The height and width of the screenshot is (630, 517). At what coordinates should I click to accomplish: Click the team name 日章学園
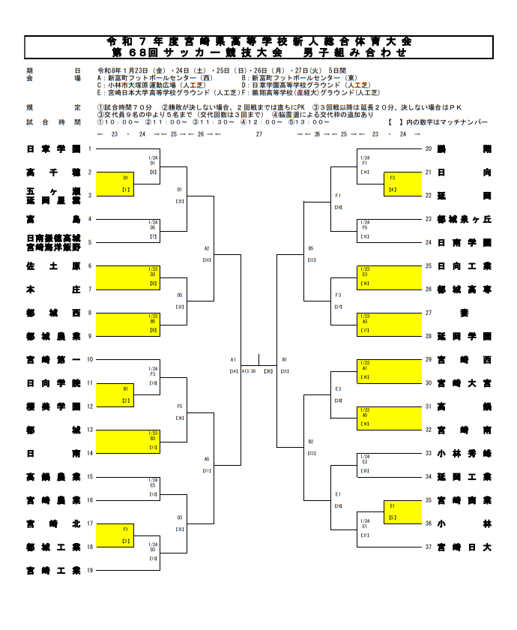[53, 148]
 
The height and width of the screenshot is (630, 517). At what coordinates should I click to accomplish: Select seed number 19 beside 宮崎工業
[90, 571]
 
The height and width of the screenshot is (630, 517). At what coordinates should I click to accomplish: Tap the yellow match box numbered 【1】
[126, 184]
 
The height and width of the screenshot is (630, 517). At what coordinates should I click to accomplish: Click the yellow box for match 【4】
[393, 184]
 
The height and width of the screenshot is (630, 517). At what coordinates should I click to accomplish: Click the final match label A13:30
[249, 370]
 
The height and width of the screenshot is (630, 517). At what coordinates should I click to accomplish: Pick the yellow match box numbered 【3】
[126, 535]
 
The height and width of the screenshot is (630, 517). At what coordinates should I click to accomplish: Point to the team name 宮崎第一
[53, 359]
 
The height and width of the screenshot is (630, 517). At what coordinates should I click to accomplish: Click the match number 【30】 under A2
[206, 259]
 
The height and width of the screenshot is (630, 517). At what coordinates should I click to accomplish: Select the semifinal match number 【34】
[234, 370]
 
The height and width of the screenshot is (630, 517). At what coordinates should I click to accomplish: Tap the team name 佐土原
[53, 265]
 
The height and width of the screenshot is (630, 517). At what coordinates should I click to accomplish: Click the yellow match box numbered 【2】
[126, 394]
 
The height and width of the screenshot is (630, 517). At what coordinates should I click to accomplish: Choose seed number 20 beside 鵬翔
[429, 148]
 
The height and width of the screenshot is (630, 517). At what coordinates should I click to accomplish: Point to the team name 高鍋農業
[53, 476]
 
